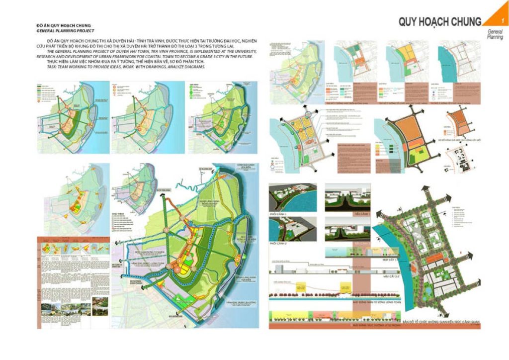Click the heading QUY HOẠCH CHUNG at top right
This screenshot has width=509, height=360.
click(439, 22)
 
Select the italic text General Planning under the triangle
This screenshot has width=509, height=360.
click(494, 34)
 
